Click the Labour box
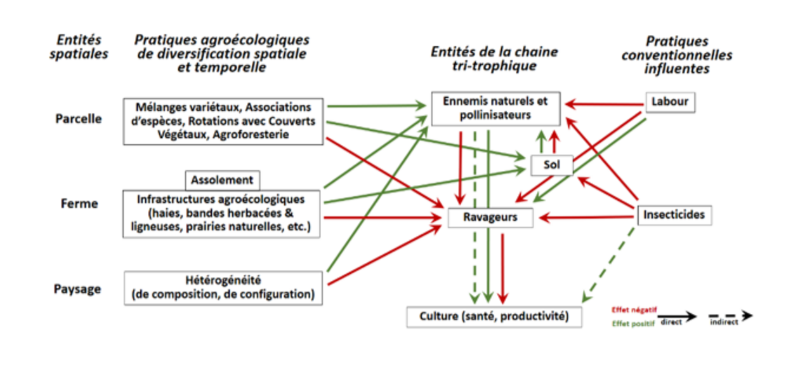(670, 102)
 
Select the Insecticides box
(674, 215)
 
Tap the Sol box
(551, 165)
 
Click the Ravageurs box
(490, 217)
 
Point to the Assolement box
(222, 180)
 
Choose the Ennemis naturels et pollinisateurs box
(495, 108)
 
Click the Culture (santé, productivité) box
(494, 316)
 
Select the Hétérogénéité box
(223, 287)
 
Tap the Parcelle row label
(79, 119)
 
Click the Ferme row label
(79, 203)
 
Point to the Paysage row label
(77, 289)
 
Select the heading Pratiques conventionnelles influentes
(676, 55)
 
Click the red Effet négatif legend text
(634, 310)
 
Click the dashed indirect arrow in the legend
(730, 315)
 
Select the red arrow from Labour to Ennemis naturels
(603, 102)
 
